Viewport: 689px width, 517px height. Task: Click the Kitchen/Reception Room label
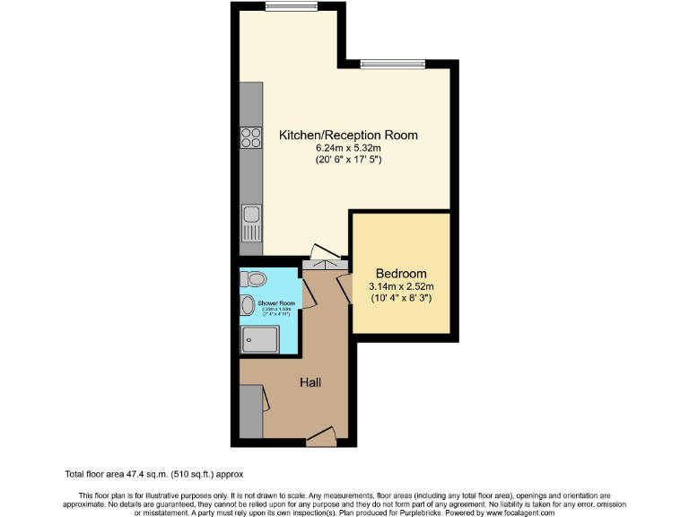coord(349,135)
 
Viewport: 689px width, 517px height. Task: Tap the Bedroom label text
coord(400,274)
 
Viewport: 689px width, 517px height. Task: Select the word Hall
coord(310,382)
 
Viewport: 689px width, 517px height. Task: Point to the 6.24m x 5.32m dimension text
coord(349,148)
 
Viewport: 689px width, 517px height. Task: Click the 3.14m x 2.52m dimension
coord(400,287)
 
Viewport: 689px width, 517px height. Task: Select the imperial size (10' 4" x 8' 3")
coord(400,299)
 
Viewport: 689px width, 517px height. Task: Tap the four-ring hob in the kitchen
coord(251,137)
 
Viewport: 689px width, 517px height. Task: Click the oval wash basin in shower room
coord(247,306)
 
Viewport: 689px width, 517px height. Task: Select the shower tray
coord(258,339)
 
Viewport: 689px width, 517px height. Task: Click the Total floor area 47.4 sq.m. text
coord(153,473)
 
